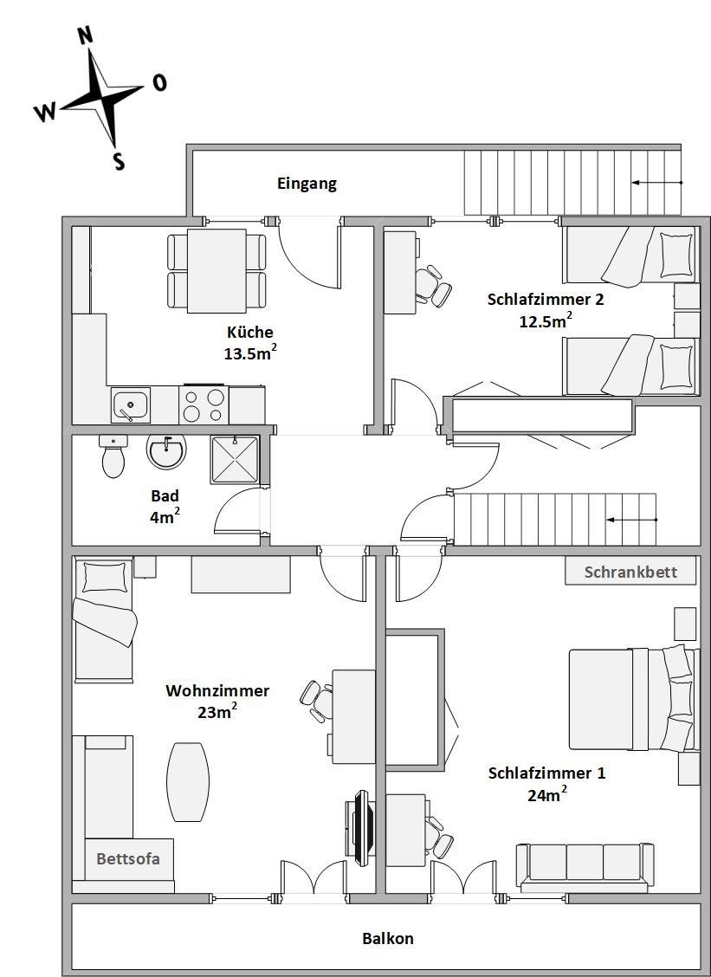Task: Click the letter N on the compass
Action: point(86,36)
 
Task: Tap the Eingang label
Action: point(307,184)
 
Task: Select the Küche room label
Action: point(250,332)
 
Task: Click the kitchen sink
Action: point(130,405)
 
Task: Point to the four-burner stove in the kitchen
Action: point(204,404)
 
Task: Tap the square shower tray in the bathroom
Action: point(235,460)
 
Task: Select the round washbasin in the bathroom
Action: point(166,451)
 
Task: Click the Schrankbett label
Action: point(630,572)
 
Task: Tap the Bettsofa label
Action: point(128,858)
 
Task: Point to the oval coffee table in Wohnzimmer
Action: point(188,782)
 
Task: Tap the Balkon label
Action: point(388,938)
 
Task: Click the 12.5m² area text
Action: point(546,320)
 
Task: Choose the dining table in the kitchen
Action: point(217,271)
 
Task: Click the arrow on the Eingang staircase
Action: point(656,183)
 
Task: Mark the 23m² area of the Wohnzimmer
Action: point(217,711)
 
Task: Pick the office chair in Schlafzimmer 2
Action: point(434,285)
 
